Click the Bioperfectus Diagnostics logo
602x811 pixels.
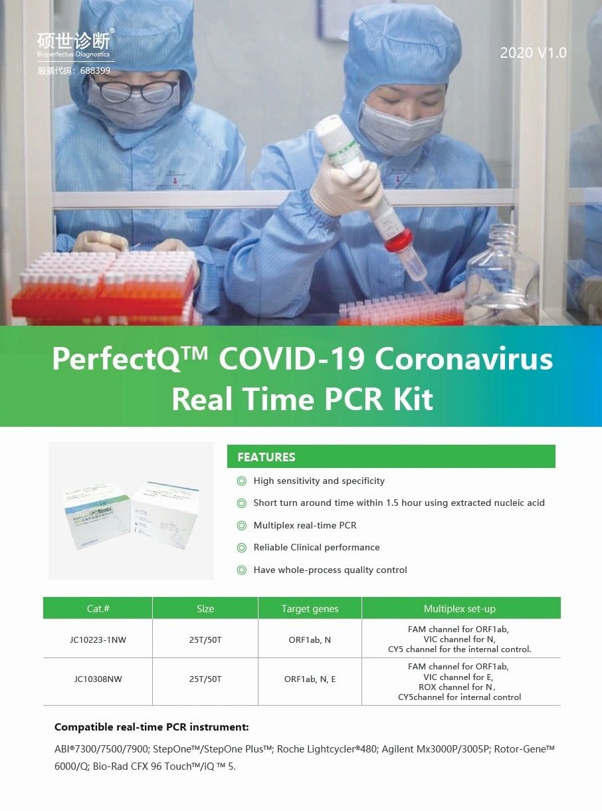point(76,43)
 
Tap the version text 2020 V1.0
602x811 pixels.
point(534,53)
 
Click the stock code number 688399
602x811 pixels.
point(95,70)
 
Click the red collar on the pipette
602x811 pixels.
point(399,240)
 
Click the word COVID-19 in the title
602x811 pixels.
point(292,359)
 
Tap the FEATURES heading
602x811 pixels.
point(266,457)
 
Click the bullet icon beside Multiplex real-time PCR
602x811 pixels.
point(242,525)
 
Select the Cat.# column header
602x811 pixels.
point(98,608)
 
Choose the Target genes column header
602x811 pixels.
point(310,608)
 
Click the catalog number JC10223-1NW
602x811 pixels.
point(98,639)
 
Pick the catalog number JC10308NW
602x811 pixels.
point(98,679)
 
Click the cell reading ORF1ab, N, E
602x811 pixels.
point(310,679)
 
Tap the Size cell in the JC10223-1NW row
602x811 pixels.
point(205,639)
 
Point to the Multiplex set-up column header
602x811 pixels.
point(459,608)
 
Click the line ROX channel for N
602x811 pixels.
point(457,687)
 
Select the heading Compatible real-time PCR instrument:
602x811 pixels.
point(151,727)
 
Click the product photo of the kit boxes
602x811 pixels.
point(131,511)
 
